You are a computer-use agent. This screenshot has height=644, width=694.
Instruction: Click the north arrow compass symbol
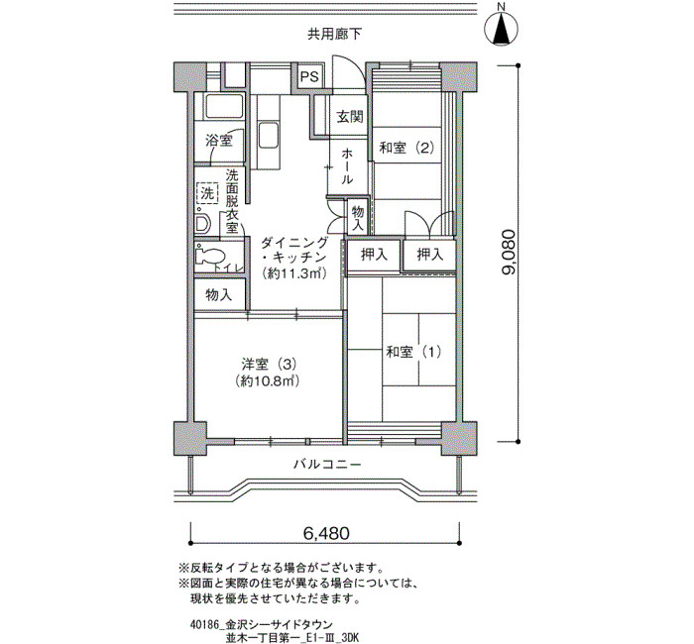[x=502, y=27]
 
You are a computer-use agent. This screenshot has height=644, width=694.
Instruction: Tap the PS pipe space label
[x=309, y=76]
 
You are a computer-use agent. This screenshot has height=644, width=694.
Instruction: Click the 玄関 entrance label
[x=350, y=116]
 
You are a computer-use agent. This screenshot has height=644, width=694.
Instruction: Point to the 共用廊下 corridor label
[x=335, y=34]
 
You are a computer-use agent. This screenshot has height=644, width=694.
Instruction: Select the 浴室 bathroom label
[x=219, y=141]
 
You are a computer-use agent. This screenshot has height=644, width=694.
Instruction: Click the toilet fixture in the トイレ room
[x=209, y=256]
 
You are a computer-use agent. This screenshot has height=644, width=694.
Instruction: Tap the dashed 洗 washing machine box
[x=206, y=193]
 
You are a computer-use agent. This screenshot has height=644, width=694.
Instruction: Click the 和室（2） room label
[x=406, y=148]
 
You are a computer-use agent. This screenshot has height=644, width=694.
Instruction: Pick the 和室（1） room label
[x=413, y=352]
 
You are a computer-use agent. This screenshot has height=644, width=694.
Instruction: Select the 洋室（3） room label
[x=269, y=365]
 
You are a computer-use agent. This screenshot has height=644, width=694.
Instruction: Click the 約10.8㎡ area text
[x=269, y=380]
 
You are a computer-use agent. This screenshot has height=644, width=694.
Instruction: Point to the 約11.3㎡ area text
[x=293, y=273]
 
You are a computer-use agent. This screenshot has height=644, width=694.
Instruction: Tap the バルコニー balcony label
[x=327, y=465]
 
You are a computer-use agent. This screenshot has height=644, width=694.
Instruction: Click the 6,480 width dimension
[x=326, y=533]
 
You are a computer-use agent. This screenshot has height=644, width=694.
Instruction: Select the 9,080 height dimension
[x=509, y=252]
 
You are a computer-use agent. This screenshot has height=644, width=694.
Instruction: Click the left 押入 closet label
[x=374, y=255]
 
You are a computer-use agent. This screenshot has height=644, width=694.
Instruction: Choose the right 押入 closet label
[x=429, y=254]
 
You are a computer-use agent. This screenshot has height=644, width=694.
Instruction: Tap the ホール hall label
[x=347, y=166]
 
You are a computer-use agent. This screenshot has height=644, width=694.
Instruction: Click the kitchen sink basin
[x=269, y=136]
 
